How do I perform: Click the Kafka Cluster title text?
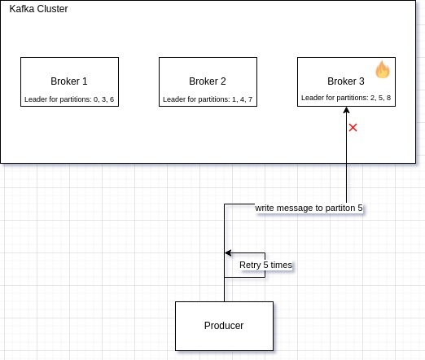pyautogui.click(x=38, y=9)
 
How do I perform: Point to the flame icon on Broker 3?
pyautogui.click(x=383, y=70)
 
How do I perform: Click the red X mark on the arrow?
pyautogui.click(x=353, y=128)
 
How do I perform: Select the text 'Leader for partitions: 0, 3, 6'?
pyautogui.click(x=69, y=99)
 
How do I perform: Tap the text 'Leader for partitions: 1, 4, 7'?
pyautogui.click(x=208, y=99)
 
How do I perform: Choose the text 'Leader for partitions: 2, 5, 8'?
pyautogui.click(x=346, y=98)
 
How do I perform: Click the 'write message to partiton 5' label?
pyautogui.click(x=309, y=208)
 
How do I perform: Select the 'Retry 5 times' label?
pyautogui.click(x=265, y=266)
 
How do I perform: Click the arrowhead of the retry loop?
pyautogui.click(x=229, y=252)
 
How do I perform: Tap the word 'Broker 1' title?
pyautogui.click(x=69, y=81)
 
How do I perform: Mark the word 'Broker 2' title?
pyautogui.click(x=208, y=81)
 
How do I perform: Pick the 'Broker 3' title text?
pyautogui.click(x=346, y=81)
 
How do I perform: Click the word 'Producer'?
pyautogui.click(x=224, y=326)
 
